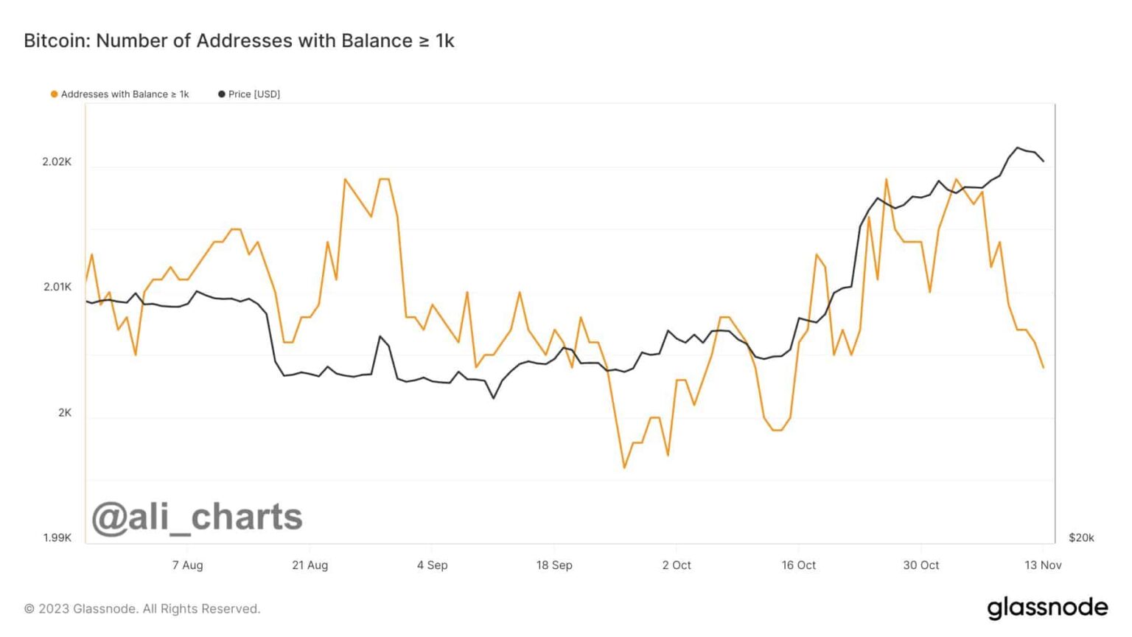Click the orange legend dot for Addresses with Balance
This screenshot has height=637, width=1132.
click(54, 94)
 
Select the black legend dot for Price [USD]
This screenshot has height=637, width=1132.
click(221, 94)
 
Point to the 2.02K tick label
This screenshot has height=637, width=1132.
click(57, 161)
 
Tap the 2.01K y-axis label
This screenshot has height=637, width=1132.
click(57, 287)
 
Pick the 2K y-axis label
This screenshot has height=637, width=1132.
click(65, 413)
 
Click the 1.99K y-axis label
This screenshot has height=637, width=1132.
click(57, 538)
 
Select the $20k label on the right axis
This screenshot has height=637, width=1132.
click(1081, 538)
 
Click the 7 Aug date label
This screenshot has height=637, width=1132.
click(187, 565)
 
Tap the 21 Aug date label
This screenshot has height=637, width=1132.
click(310, 565)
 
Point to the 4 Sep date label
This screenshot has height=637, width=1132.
click(432, 565)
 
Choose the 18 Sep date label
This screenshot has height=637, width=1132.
click(554, 565)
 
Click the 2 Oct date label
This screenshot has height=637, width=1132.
click(677, 565)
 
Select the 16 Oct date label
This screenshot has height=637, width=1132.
click(799, 565)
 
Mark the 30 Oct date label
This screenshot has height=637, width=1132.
click(921, 565)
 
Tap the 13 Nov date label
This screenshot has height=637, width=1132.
click(1043, 565)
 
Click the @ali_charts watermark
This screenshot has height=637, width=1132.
click(197, 518)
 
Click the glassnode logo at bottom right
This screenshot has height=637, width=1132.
click(1047, 608)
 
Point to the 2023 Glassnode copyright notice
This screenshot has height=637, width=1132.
click(142, 609)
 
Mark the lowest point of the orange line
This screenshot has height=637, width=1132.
click(624, 467)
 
